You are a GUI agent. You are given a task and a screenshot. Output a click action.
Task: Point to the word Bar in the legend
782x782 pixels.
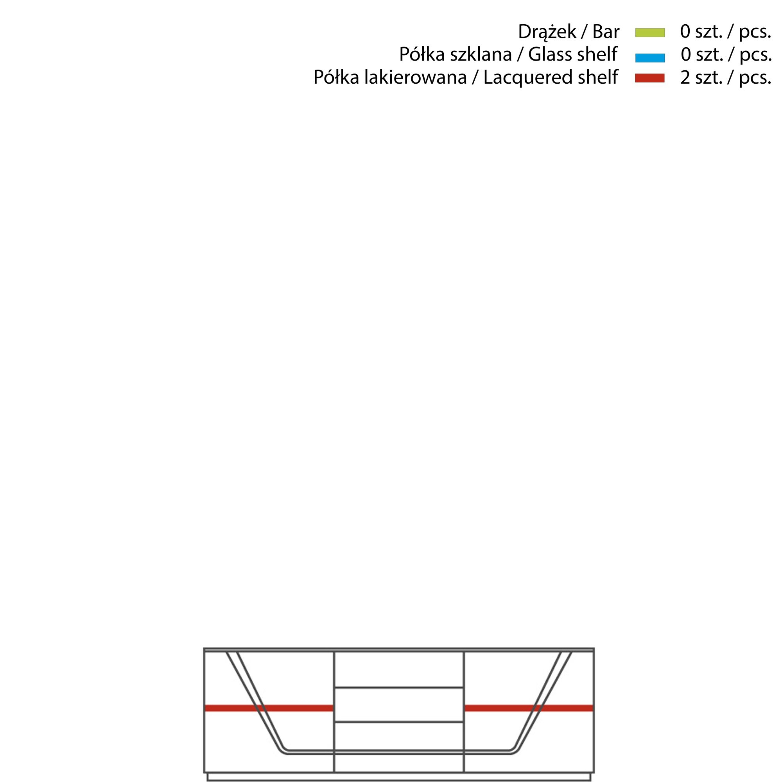(606, 32)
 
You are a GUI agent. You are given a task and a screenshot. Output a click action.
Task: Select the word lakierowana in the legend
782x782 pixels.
(415, 77)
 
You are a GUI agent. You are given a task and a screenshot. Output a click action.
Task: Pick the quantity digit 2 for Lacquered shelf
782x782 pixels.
(685, 78)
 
